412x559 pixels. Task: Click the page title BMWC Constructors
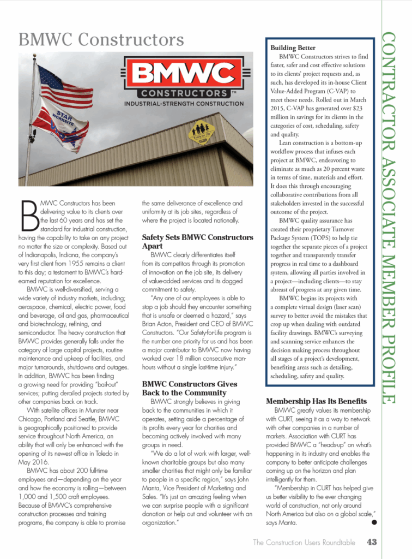point(101,39)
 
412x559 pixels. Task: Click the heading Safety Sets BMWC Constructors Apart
point(197,242)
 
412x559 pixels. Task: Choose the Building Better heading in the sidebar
point(293,48)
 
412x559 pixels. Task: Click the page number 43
point(372,542)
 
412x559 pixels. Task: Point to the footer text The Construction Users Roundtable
point(304,542)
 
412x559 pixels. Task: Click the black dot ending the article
point(374,522)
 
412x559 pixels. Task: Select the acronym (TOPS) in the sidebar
point(305,239)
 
